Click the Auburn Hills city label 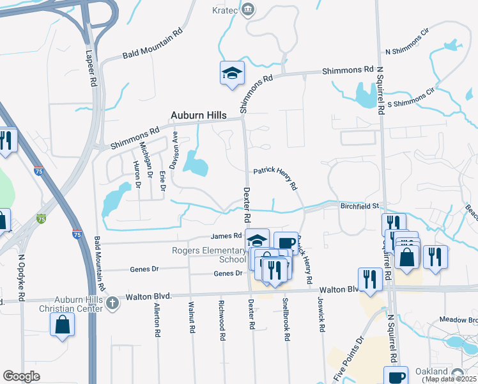click(199, 115)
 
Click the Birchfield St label click(360, 205)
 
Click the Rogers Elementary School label click(208, 255)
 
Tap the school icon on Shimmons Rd click(232, 73)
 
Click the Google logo click(21, 376)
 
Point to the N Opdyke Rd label click(21, 278)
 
